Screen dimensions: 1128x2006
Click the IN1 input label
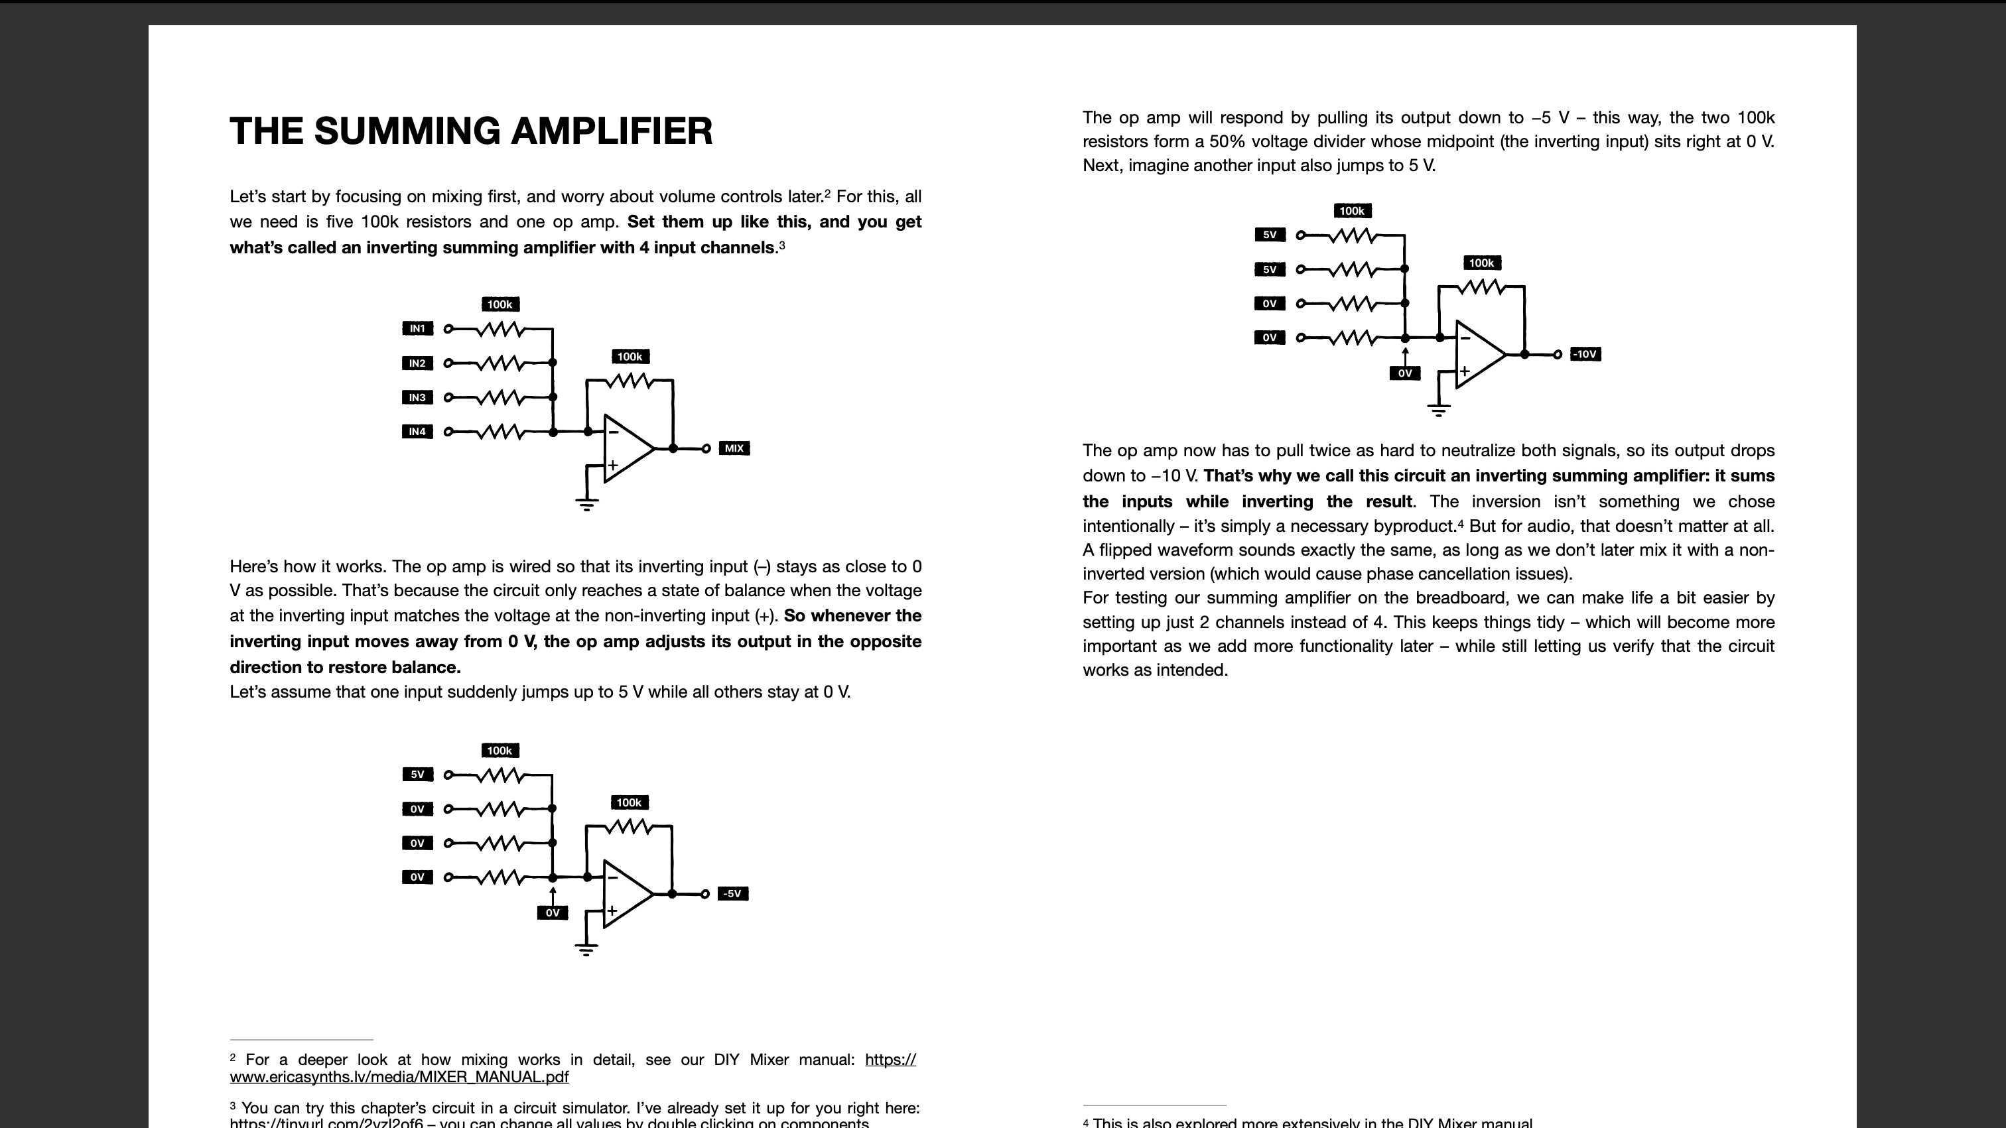pos(417,328)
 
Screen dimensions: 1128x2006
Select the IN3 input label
pos(417,398)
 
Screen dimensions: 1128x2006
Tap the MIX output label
pos(734,448)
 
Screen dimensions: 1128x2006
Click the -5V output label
pos(732,894)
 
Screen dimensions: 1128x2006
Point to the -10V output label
pos(1585,354)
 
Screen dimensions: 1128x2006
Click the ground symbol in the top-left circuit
pos(586,504)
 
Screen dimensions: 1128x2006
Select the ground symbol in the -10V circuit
pos(1438,409)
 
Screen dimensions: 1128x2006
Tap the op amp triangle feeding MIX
pos(628,448)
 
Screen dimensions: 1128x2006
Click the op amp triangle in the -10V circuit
pos(1479,354)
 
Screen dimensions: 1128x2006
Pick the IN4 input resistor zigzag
pos(501,431)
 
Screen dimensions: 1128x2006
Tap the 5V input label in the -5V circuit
pos(417,775)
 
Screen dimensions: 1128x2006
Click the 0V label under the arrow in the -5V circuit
pos(552,912)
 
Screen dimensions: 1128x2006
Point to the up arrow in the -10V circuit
pos(1405,354)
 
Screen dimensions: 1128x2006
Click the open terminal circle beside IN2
pos(448,363)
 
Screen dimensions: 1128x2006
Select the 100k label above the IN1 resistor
pos(500,304)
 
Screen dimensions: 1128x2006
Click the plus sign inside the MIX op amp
pos(613,466)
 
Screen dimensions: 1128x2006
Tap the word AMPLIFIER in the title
pos(612,131)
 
